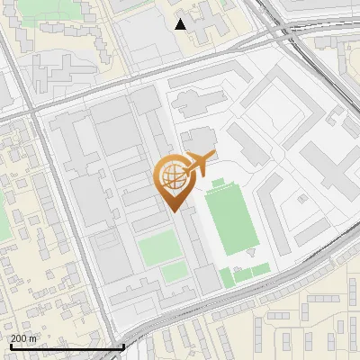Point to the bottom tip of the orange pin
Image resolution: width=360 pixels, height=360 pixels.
pos(172,211)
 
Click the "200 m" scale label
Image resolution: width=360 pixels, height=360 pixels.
pos(23,337)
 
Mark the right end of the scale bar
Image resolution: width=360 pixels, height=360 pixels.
pos(123,346)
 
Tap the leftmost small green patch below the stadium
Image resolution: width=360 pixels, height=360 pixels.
pos(227,276)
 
